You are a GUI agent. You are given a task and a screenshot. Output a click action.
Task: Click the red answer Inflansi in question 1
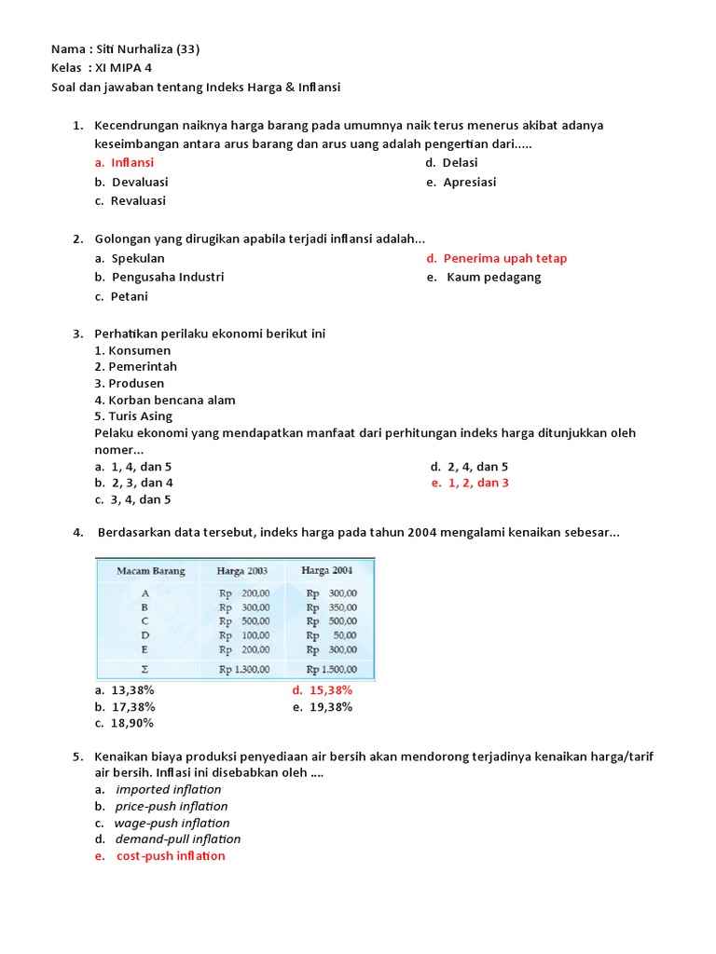(x=132, y=162)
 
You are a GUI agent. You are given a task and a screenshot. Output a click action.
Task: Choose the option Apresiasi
(x=469, y=182)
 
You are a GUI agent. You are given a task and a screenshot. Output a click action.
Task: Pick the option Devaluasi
(x=140, y=182)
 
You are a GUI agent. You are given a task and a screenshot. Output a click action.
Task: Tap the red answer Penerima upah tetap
(x=504, y=258)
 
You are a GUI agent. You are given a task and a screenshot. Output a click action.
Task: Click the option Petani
(x=129, y=296)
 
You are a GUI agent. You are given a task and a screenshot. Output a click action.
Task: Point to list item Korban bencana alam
(x=165, y=400)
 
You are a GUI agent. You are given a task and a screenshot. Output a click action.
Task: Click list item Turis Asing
(x=133, y=416)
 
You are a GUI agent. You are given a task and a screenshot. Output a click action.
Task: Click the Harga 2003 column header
(x=243, y=571)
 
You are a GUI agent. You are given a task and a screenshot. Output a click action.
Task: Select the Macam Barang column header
(x=150, y=571)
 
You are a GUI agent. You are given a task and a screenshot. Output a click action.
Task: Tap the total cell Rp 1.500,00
(x=331, y=668)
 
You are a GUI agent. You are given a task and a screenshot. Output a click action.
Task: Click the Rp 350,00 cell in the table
(x=332, y=606)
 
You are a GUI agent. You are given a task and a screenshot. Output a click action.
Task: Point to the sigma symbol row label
(x=145, y=668)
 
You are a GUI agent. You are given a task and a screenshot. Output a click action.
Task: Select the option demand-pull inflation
(x=177, y=839)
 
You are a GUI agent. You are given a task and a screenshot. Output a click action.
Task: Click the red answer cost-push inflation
(x=170, y=856)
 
